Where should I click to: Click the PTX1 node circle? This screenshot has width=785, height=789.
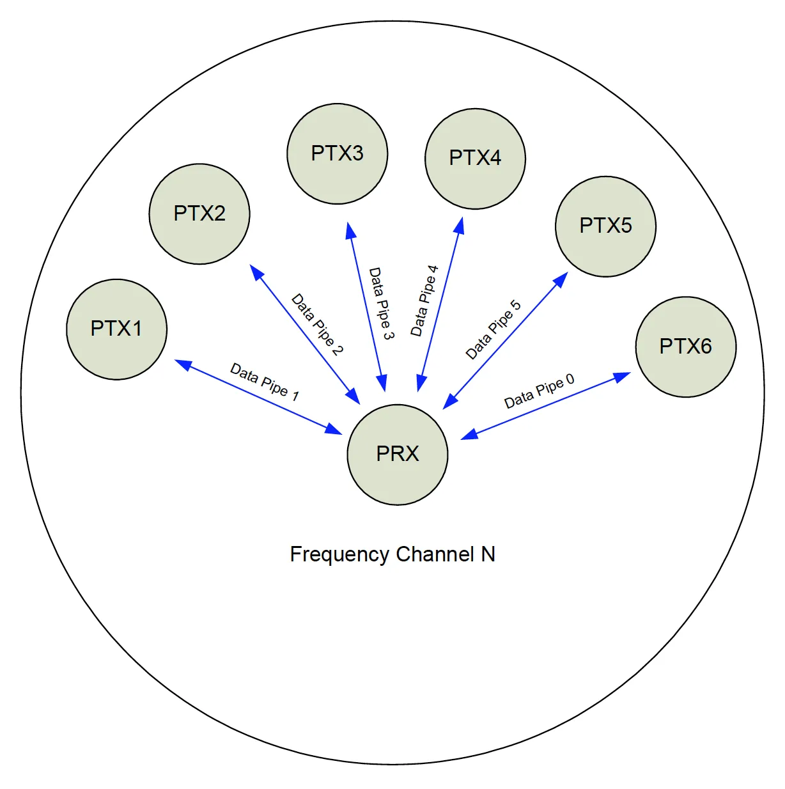[116, 329]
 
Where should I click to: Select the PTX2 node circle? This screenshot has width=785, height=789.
[199, 214]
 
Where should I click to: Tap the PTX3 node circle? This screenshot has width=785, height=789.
[338, 153]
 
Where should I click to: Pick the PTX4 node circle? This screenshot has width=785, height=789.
[475, 158]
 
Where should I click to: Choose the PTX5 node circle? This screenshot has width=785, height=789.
[605, 226]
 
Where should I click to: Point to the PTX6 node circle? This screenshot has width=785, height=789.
[685, 347]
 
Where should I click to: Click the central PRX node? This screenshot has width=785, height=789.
[397, 454]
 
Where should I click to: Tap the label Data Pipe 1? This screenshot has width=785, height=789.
[265, 382]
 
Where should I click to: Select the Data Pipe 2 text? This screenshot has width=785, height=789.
[317, 324]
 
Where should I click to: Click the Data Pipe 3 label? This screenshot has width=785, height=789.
[382, 303]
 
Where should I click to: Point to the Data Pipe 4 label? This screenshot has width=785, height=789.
[424, 301]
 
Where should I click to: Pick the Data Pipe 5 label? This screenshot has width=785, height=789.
[493, 330]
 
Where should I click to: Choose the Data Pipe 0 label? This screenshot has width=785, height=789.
[539, 391]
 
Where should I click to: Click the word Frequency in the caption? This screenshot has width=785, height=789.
[339, 554]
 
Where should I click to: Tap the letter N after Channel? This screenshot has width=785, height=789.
[488, 554]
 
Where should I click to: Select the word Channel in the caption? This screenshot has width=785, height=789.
[435, 554]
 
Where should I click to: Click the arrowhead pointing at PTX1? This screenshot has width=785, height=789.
[183, 364]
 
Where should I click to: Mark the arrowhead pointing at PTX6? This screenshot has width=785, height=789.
[622, 377]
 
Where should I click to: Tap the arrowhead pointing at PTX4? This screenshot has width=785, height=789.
[459, 226]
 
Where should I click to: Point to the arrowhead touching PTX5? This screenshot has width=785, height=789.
[561, 279]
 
